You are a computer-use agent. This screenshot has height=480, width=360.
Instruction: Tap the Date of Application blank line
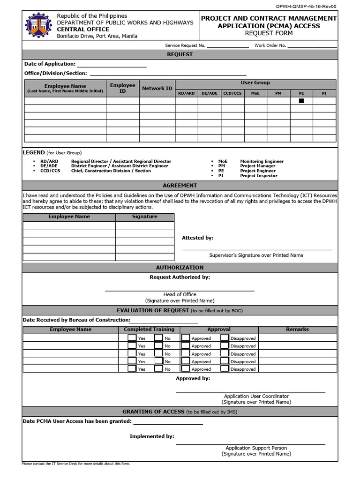pyautogui.click(x=112, y=65)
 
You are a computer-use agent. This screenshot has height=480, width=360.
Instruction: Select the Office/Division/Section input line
pyautogui.click(x=167, y=73)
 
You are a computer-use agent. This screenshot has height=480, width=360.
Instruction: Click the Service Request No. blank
pyautogui.click(x=227, y=46)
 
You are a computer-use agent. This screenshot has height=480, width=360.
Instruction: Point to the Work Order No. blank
pyautogui.click(x=312, y=46)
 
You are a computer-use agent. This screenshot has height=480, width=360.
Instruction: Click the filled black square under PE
pyautogui.click(x=301, y=101)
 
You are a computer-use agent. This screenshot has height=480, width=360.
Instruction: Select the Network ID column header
pyautogui.click(x=157, y=88)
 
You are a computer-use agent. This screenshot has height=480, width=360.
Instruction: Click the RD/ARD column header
pyautogui.click(x=187, y=93)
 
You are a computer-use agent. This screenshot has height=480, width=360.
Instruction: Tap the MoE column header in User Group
pyautogui.click(x=255, y=93)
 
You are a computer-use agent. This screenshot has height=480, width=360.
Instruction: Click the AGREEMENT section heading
pyautogui.click(x=180, y=185)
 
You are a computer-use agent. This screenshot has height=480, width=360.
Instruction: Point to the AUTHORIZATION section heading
pyautogui.click(x=180, y=268)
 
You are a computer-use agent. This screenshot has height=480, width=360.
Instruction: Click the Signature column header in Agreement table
pyautogui.click(x=145, y=217)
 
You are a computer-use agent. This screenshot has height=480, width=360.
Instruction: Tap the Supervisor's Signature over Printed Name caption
pyautogui.click(x=256, y=255)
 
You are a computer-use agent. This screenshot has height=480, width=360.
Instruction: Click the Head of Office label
pyautogui.click(x=180, y=294)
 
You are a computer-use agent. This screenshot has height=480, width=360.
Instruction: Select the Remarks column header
pyautogui.click(x=298, y=330)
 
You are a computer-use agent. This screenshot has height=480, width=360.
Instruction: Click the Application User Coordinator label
pyautogui.click(x=256, y=396)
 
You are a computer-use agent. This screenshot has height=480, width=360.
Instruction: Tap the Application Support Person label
pyautogui.click(x=256, y=448)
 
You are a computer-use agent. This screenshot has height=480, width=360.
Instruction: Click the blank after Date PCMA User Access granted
pyautogui.click(x=168, y=421)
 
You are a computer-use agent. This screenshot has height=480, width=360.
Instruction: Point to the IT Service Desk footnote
pyautogui.click(x=75, y=464)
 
